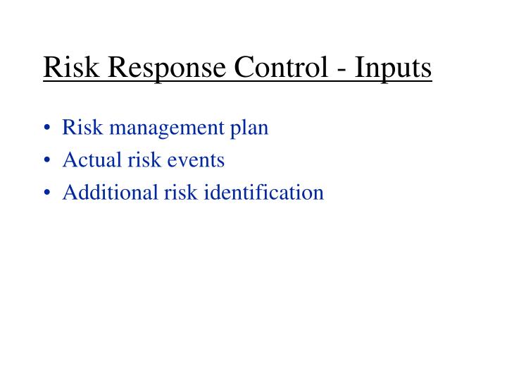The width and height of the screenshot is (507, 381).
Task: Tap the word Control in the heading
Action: [x=275, y=68]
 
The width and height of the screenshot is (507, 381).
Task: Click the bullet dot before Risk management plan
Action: [x=47, y=129]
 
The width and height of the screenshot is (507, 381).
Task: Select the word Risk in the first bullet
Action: [x=79, y=128]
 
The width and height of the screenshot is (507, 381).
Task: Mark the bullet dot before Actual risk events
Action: [x=47, y=161]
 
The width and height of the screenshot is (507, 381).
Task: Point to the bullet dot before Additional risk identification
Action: [x=47, y=193]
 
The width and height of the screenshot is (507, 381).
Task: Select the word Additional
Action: [x=106, y=192]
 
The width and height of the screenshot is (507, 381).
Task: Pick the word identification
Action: [x=264, y=192]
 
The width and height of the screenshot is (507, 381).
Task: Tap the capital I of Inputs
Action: [x=357, y=68]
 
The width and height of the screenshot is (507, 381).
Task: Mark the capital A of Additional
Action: [x=70, y=192]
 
